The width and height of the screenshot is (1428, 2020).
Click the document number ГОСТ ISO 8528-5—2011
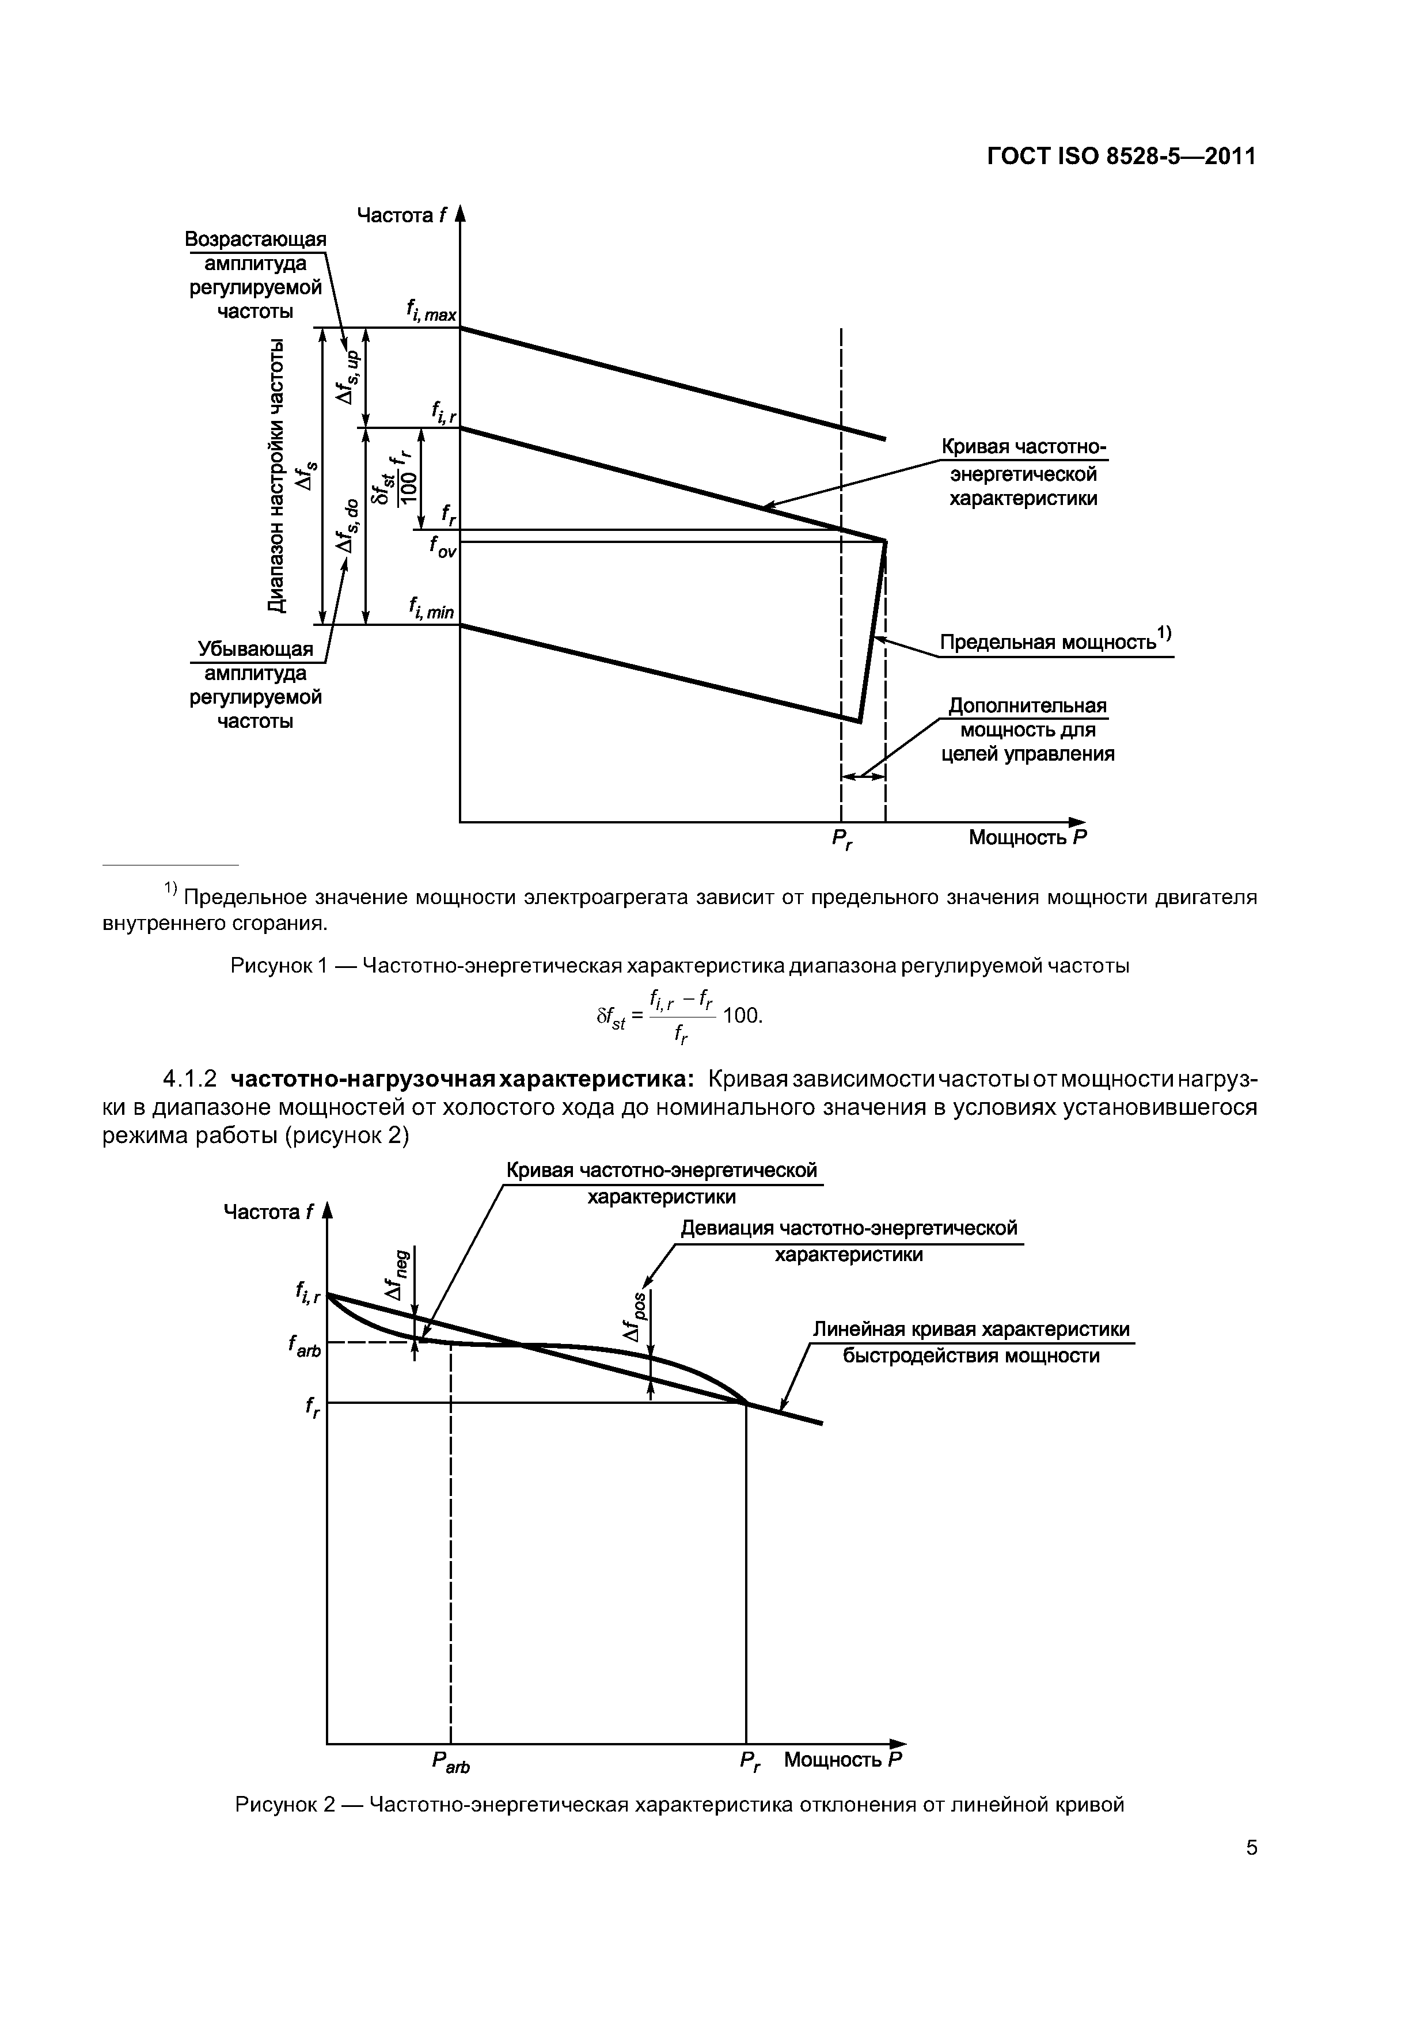[x=1120, y=157]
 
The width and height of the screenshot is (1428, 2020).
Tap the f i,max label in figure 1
[x=431, y=310]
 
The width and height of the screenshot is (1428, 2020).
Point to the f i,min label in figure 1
[x=431, y=607]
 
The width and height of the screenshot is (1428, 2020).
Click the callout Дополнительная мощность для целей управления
[x=1027, y=730]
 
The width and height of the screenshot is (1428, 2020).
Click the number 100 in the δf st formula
[x=741, y=1016]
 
